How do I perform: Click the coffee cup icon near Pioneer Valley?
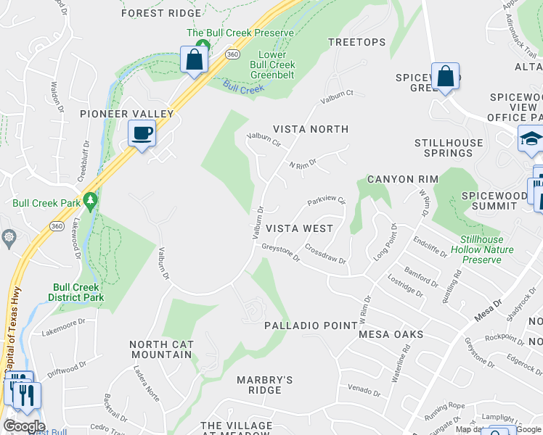pos(142,133)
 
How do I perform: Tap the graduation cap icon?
pos(531,138)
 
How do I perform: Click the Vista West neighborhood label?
pos(299,228)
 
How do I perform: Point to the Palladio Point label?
pos(311,326)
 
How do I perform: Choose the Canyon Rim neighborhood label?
pos(401,179)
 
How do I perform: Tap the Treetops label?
pos(357,42)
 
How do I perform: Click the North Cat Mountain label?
pos(160,349)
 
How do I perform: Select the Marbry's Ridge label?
pos(265,385)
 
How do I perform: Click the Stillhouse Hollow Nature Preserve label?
pos(486,249)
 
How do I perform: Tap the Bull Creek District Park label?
pos(76,292)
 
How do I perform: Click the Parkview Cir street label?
pos(326,201)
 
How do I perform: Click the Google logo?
pos(24,426)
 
